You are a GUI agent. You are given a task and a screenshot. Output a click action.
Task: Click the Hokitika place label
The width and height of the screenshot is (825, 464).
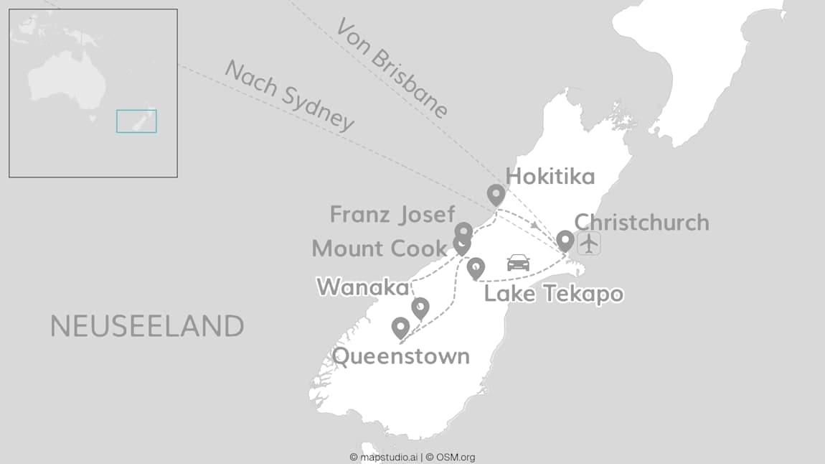click(550, 177)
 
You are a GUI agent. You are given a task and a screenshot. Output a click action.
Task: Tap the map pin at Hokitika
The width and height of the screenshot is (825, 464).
click(496, 194)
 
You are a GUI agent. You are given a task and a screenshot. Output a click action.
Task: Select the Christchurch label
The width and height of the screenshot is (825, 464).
click(641, 222)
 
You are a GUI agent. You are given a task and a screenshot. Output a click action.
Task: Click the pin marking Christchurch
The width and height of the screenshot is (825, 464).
click(565, 240)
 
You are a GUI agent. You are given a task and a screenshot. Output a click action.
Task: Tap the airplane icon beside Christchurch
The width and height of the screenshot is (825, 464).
click(589, 243)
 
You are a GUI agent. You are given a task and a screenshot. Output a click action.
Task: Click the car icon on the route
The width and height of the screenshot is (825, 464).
click(518, 262)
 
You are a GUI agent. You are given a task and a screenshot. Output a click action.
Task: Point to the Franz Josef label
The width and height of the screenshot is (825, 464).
click(392, 214)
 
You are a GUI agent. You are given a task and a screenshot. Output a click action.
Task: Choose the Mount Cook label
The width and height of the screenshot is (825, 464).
click(379, 249)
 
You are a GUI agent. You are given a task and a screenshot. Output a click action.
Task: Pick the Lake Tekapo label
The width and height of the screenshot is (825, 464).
click(553, 294)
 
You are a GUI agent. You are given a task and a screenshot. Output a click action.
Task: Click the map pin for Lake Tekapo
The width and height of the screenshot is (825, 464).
click(476, 268)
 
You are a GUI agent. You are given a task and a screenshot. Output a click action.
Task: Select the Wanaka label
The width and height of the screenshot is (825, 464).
click(362, 287)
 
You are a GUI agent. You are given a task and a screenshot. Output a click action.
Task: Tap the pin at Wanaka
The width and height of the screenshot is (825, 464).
click(420, 307)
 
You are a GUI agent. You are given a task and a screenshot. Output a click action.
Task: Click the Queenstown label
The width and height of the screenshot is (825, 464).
click(401, 356)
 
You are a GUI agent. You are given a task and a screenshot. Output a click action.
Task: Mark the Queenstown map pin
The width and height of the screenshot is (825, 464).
click(400, 328)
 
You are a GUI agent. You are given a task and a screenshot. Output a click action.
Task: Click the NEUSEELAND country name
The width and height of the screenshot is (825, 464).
click(147, 327)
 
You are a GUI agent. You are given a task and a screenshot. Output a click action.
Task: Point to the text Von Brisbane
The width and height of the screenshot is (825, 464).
click(392, 68)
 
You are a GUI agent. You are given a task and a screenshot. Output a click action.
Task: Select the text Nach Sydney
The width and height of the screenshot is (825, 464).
click(289, 96)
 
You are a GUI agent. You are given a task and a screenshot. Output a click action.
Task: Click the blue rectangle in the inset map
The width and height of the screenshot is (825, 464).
click(136, 121)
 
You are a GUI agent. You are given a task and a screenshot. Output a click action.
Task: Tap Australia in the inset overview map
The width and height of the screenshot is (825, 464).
click(66, 80)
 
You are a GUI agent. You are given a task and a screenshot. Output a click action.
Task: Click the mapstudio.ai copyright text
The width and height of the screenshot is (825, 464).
click(383, 457)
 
